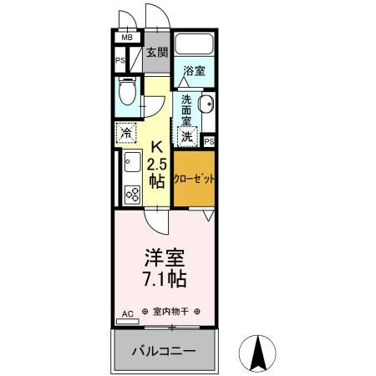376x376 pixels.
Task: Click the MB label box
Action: (x=128, y=38)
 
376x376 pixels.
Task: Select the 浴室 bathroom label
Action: (x=194, y=73)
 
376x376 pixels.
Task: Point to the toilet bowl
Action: (x=127, y=91)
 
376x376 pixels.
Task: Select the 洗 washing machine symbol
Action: (x=188, y=135)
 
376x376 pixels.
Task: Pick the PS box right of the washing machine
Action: (x=209, y=142)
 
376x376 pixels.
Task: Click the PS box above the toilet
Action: (x=119, y=60)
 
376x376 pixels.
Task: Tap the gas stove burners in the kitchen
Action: (x=131, y=194)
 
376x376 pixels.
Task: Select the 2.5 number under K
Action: (x=156, y=161)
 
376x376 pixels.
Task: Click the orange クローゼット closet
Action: (x=194, y=180)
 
